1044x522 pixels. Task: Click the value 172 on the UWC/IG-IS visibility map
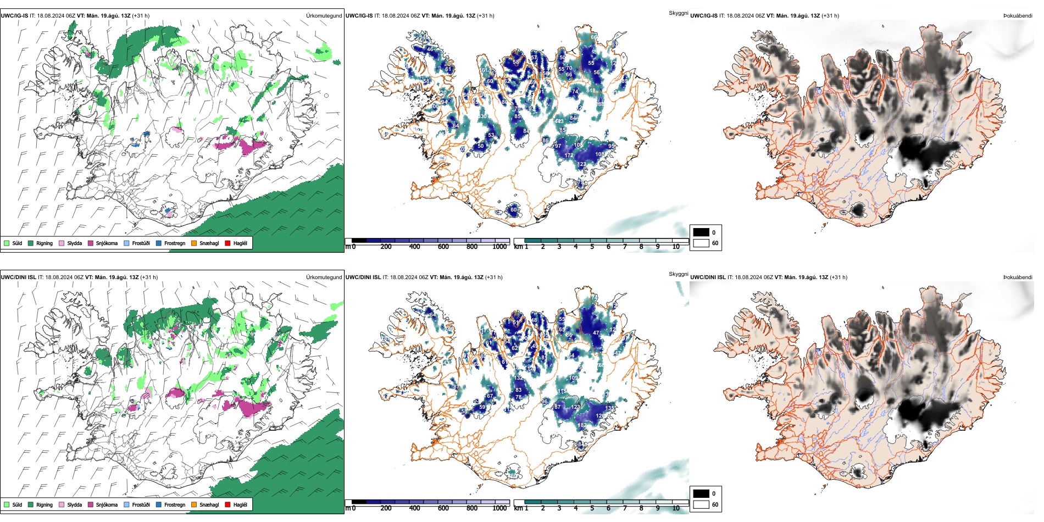[x=569, y=156]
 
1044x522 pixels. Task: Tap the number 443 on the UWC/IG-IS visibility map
[x=559, y=121]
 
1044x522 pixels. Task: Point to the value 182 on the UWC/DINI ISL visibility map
[x=582, y=425]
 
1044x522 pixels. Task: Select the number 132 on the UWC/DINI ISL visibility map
[x=518, y=378]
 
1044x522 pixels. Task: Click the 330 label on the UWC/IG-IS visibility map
[x=482, y=116]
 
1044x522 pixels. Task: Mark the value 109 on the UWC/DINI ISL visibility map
[x=574, y=378]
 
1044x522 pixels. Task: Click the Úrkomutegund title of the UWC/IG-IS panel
[x=324, y=16]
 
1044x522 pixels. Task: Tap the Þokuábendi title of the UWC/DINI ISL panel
[x=1018, y=277]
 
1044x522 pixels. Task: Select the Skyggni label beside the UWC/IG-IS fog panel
[x=678, y=13]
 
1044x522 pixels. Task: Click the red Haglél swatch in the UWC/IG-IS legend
[x=227, y=243]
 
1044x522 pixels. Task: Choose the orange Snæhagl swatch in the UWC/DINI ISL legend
[x=194, y=504]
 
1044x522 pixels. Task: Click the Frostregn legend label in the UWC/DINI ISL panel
[x=174, y=504]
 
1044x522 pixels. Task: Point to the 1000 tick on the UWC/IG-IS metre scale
[x=499, y=247]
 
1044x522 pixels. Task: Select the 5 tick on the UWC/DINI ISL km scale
[x=592, y=508]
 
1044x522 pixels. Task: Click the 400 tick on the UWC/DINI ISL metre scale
[x=415, y=508]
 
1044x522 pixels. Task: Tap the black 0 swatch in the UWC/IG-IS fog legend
[x=701, y=232]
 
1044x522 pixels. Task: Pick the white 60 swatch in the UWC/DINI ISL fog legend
[x=701, y=504]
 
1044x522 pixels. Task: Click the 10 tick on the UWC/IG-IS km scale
[x=676, y=247]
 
